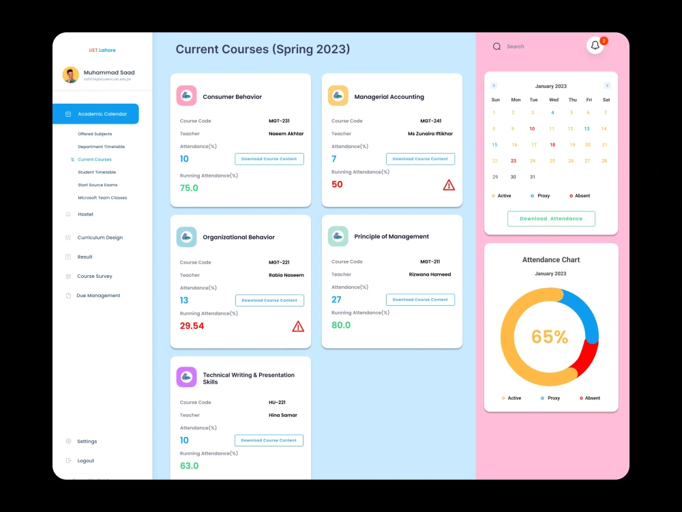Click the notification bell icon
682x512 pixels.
click(595, 46)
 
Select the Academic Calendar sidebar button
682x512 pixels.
click(95, 114)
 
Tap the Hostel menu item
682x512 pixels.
click(85, 214)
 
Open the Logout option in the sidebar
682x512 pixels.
click(85, 461)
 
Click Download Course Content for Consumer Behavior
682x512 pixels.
click(269, 159)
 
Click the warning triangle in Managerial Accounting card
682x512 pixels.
click(449, 184)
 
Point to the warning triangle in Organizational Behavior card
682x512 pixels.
click(298, 326)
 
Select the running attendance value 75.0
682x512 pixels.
click(189, 188)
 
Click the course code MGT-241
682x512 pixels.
click(430, 121)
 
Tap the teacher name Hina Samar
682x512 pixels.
click(283, 415)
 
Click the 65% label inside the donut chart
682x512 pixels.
click(550, 337)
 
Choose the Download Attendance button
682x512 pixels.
click(551, 218)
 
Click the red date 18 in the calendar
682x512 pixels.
click(552, 145)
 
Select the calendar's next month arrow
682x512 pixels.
click(607, 86)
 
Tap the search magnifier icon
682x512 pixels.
click(496, 46)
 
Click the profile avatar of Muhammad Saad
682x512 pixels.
click(71, 75)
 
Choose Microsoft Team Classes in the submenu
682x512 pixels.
click(102, 198)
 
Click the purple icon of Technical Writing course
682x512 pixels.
click(186, 378)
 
